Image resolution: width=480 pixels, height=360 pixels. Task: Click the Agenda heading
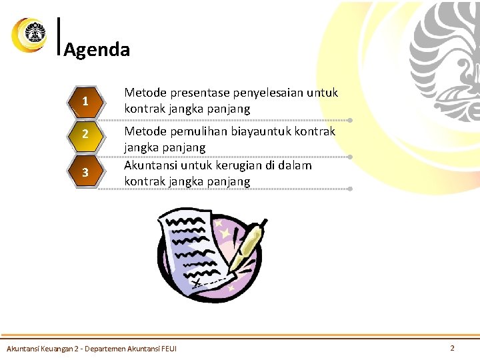click(x=97, y=50)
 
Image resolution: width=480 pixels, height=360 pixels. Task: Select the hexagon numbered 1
click(x=85, y=102)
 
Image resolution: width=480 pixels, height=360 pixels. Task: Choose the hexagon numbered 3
click(x=85, y=173)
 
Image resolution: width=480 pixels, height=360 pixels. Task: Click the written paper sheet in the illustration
click(x=195, y=250)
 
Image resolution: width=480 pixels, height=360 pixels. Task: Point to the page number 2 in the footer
click(x=452, y=348)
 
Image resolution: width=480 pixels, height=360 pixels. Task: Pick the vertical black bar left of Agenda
click(x=60, y=35)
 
